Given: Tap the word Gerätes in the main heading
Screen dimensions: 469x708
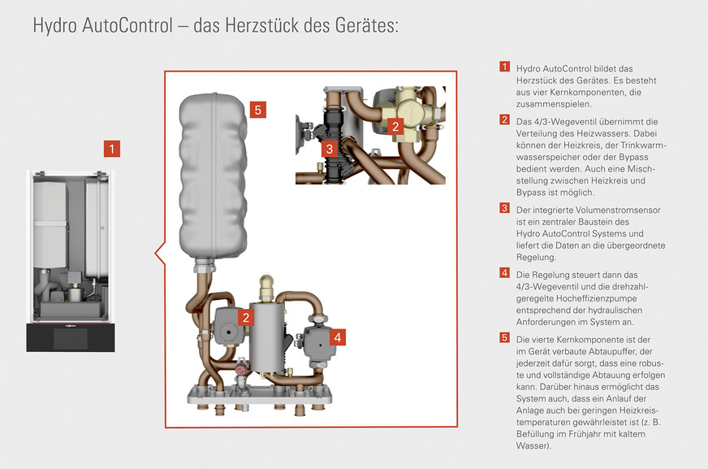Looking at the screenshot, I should point(369,26).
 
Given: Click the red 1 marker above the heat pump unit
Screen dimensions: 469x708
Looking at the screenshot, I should point(112,149).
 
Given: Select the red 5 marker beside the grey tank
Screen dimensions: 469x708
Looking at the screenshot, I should point(257,110).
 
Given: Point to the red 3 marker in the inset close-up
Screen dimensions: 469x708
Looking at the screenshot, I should point(328,149).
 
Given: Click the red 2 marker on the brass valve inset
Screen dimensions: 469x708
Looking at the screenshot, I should point(395,126).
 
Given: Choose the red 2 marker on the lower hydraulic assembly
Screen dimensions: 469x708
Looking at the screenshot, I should point(244,318).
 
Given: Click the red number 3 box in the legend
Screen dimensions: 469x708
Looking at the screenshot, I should point(504,209).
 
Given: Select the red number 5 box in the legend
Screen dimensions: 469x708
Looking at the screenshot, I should point(504,337).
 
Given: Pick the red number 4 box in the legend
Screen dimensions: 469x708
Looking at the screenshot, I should point(504,272).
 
